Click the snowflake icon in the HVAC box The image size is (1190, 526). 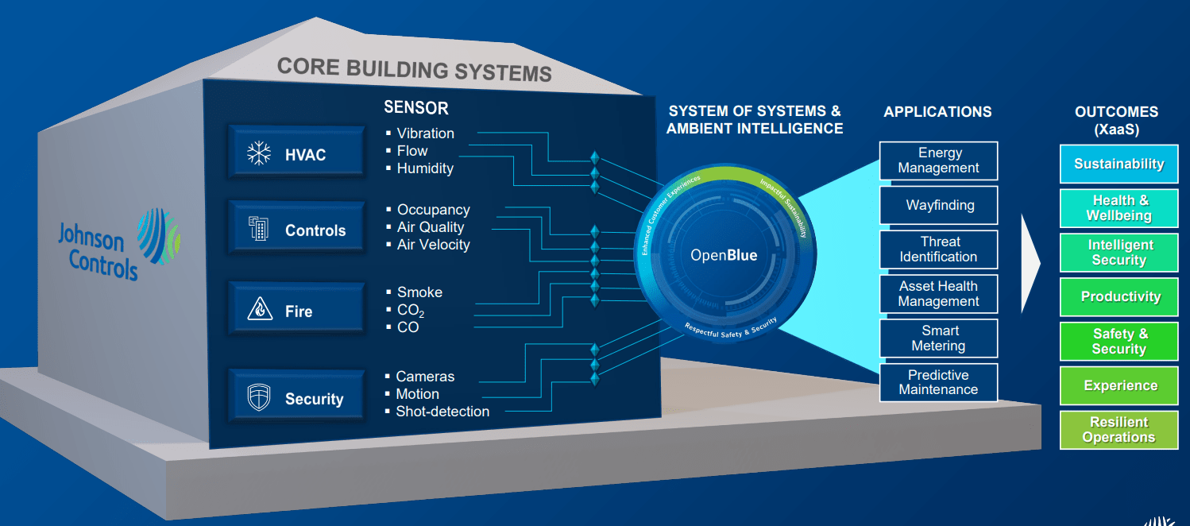(x=259, y=153)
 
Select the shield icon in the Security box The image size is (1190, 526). (x=259, y=397)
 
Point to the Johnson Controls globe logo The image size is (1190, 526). (x=158, y=235)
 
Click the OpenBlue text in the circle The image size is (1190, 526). (x=724, y=255)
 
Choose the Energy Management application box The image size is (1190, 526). (x=938, y=161)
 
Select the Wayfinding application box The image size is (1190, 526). (x=938, y=205)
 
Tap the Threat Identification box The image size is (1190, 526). (x=938, y=249)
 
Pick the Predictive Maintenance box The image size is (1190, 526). (x=938, y=382)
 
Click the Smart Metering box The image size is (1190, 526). (x=938, y=338)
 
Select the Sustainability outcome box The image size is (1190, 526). (x=1119, y=164)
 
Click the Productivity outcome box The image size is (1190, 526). (x=1119, y=297)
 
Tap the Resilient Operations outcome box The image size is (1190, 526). (x=1119, y=430)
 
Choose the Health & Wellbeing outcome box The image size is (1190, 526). (x=1119, y=208)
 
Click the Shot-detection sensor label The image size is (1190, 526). (x=442, y=412)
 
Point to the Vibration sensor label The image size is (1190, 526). (x=425, y=133)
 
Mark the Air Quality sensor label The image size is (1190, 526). (x=431, y=227)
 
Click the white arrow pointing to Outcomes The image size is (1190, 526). (x=1030, y=261)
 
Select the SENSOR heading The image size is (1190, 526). (x=415, y=108)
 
